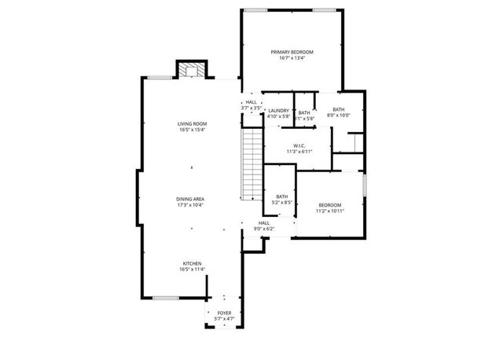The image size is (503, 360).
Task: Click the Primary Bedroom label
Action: pos(292,52)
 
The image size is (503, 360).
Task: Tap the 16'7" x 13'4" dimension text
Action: pos(292,58)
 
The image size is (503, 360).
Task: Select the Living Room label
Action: pos(192,124)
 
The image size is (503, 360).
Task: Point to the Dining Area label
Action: pos(191,199)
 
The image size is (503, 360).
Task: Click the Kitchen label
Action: pos(193,263)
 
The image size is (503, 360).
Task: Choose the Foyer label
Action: pos(225,313)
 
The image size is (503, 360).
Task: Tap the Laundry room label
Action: pos(279,111)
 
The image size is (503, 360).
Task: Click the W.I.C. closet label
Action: pos(299,145)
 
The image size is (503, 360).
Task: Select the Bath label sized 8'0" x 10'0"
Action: pos(338,110)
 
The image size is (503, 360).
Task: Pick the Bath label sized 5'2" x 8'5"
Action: pos(281,197)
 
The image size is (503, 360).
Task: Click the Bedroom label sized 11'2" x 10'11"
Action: pos(331,204)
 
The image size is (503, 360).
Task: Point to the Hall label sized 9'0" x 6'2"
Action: pos(265,222)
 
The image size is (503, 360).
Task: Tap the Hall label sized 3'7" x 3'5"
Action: pos(251,102)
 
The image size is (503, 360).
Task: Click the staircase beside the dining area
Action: pos(251,165)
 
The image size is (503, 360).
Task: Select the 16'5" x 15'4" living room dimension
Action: pos(192,130)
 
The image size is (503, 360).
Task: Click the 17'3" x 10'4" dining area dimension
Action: pos(191,205)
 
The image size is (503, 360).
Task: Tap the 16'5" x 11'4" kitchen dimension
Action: pos(193,270)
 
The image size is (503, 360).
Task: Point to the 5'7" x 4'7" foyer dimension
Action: pos(225,319)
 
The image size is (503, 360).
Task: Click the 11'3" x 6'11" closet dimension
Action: pos(299,151)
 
